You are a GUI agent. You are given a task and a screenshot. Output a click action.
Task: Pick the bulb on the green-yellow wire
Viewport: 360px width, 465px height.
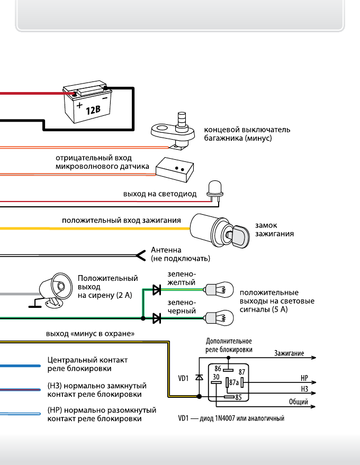(219, 289)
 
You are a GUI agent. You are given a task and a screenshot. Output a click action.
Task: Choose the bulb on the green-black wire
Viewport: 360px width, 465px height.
(219, 318)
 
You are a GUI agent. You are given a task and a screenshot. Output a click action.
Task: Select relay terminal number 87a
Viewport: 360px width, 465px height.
(233, 382)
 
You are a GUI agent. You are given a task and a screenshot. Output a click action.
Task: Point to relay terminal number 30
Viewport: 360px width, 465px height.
(216, 377)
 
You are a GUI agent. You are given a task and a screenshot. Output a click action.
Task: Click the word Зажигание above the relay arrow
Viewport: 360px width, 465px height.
(289, 352)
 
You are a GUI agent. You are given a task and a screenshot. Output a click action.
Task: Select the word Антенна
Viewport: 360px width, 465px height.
(166, 250)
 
